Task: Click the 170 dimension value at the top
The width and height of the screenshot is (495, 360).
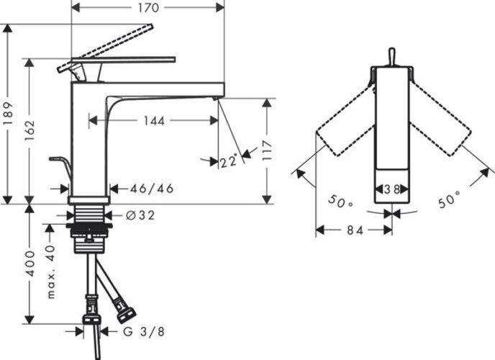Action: click(x=148, y=9)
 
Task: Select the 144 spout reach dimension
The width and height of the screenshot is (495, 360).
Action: click(x=153, y=121)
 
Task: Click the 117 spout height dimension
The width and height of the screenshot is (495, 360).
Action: click(x=267, y=150)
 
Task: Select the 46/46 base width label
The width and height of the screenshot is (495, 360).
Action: click(x=151, y=189)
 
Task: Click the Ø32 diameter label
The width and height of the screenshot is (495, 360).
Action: click(x=140, y=215)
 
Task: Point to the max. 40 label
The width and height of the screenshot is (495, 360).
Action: click(x=50, y=272)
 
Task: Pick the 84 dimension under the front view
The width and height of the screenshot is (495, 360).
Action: click(x=353, y=230)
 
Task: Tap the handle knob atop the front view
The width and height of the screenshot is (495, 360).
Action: click(x=391, y=56)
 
